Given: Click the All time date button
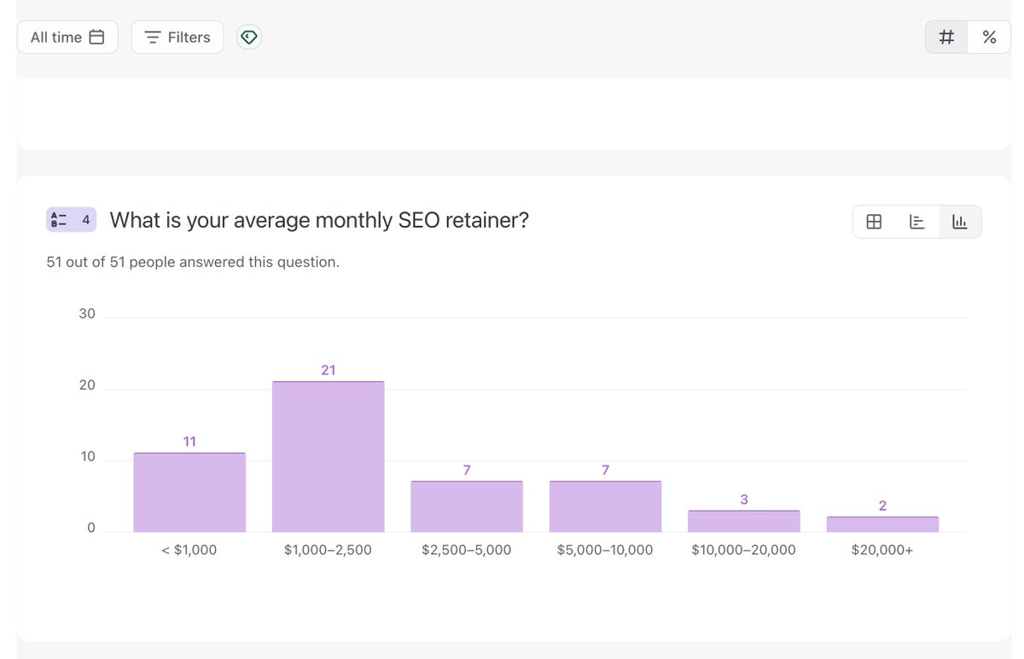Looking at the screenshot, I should tap(67, 38).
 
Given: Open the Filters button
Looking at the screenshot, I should tap(177, 38).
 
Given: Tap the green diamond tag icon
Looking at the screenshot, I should tap(248, 38).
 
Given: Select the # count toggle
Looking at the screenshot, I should tap(946, 38).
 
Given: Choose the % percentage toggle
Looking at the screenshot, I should tap(989, 38).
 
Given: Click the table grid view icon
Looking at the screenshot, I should tap(874, 222).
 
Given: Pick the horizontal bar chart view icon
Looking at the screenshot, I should tap(917, 222).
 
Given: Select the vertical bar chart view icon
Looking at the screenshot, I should tap(960, 222).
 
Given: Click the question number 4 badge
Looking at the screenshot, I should tap(72, 220).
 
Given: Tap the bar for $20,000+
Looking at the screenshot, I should tap(882, 524).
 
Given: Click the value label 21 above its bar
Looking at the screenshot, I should tap(328, 370).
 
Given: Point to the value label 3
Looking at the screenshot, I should tap(744, 499).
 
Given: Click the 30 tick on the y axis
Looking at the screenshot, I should tap(87, 314).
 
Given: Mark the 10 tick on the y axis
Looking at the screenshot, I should tap(87, 457).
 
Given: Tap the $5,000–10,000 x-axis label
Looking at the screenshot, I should tap(605, 550).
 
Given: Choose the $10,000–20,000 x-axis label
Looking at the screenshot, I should tap(743, 550).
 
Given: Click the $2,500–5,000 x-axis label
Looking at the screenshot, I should tap(466, 550).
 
